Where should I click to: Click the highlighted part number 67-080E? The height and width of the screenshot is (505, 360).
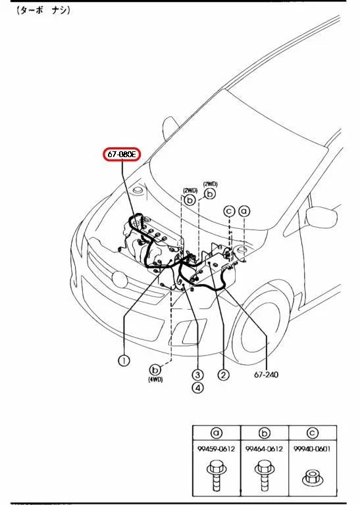tap(122, 155)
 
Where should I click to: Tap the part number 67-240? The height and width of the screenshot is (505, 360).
tap(266, 375)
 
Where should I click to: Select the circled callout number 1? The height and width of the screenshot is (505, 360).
tap(124, 360)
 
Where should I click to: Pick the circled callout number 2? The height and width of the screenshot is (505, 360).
tap(223, 375)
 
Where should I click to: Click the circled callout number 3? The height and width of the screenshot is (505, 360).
tap(197, 375)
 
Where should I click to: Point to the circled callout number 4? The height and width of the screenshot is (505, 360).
tap(197, 387)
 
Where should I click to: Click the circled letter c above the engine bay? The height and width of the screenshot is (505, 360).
tap(229, 211)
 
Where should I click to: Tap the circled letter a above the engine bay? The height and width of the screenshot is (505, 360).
tap(244, 211)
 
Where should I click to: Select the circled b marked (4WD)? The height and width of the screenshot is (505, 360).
tap(155, 370)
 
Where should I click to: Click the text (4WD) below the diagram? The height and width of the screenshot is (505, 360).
tap(155, 379)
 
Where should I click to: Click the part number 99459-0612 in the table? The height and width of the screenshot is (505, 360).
tap(217, 448)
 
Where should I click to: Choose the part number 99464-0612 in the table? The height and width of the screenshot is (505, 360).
tap(264, 448)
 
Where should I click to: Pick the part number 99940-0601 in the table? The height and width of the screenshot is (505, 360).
tap(312, 448)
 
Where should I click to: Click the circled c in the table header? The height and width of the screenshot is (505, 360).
tap(312, 433)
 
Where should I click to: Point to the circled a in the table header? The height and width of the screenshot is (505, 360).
tap(217, 433)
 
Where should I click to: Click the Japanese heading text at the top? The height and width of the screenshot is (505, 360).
tap(43, 11)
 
